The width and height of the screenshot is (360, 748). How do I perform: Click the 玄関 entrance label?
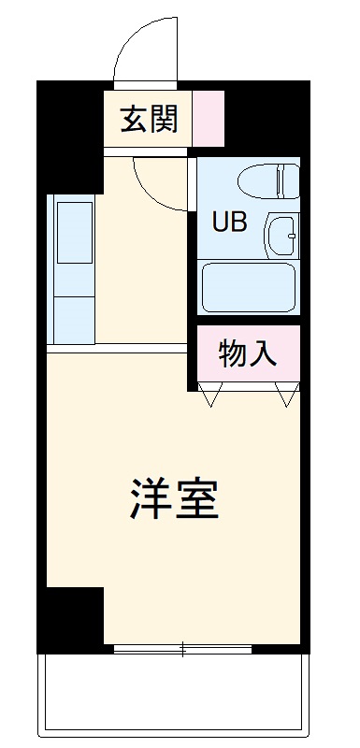click(148, 120)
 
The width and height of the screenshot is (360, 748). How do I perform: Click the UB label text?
click(231, 223)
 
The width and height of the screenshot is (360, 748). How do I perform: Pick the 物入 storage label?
click(247, 353)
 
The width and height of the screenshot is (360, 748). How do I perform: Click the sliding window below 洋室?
click(183, 647)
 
